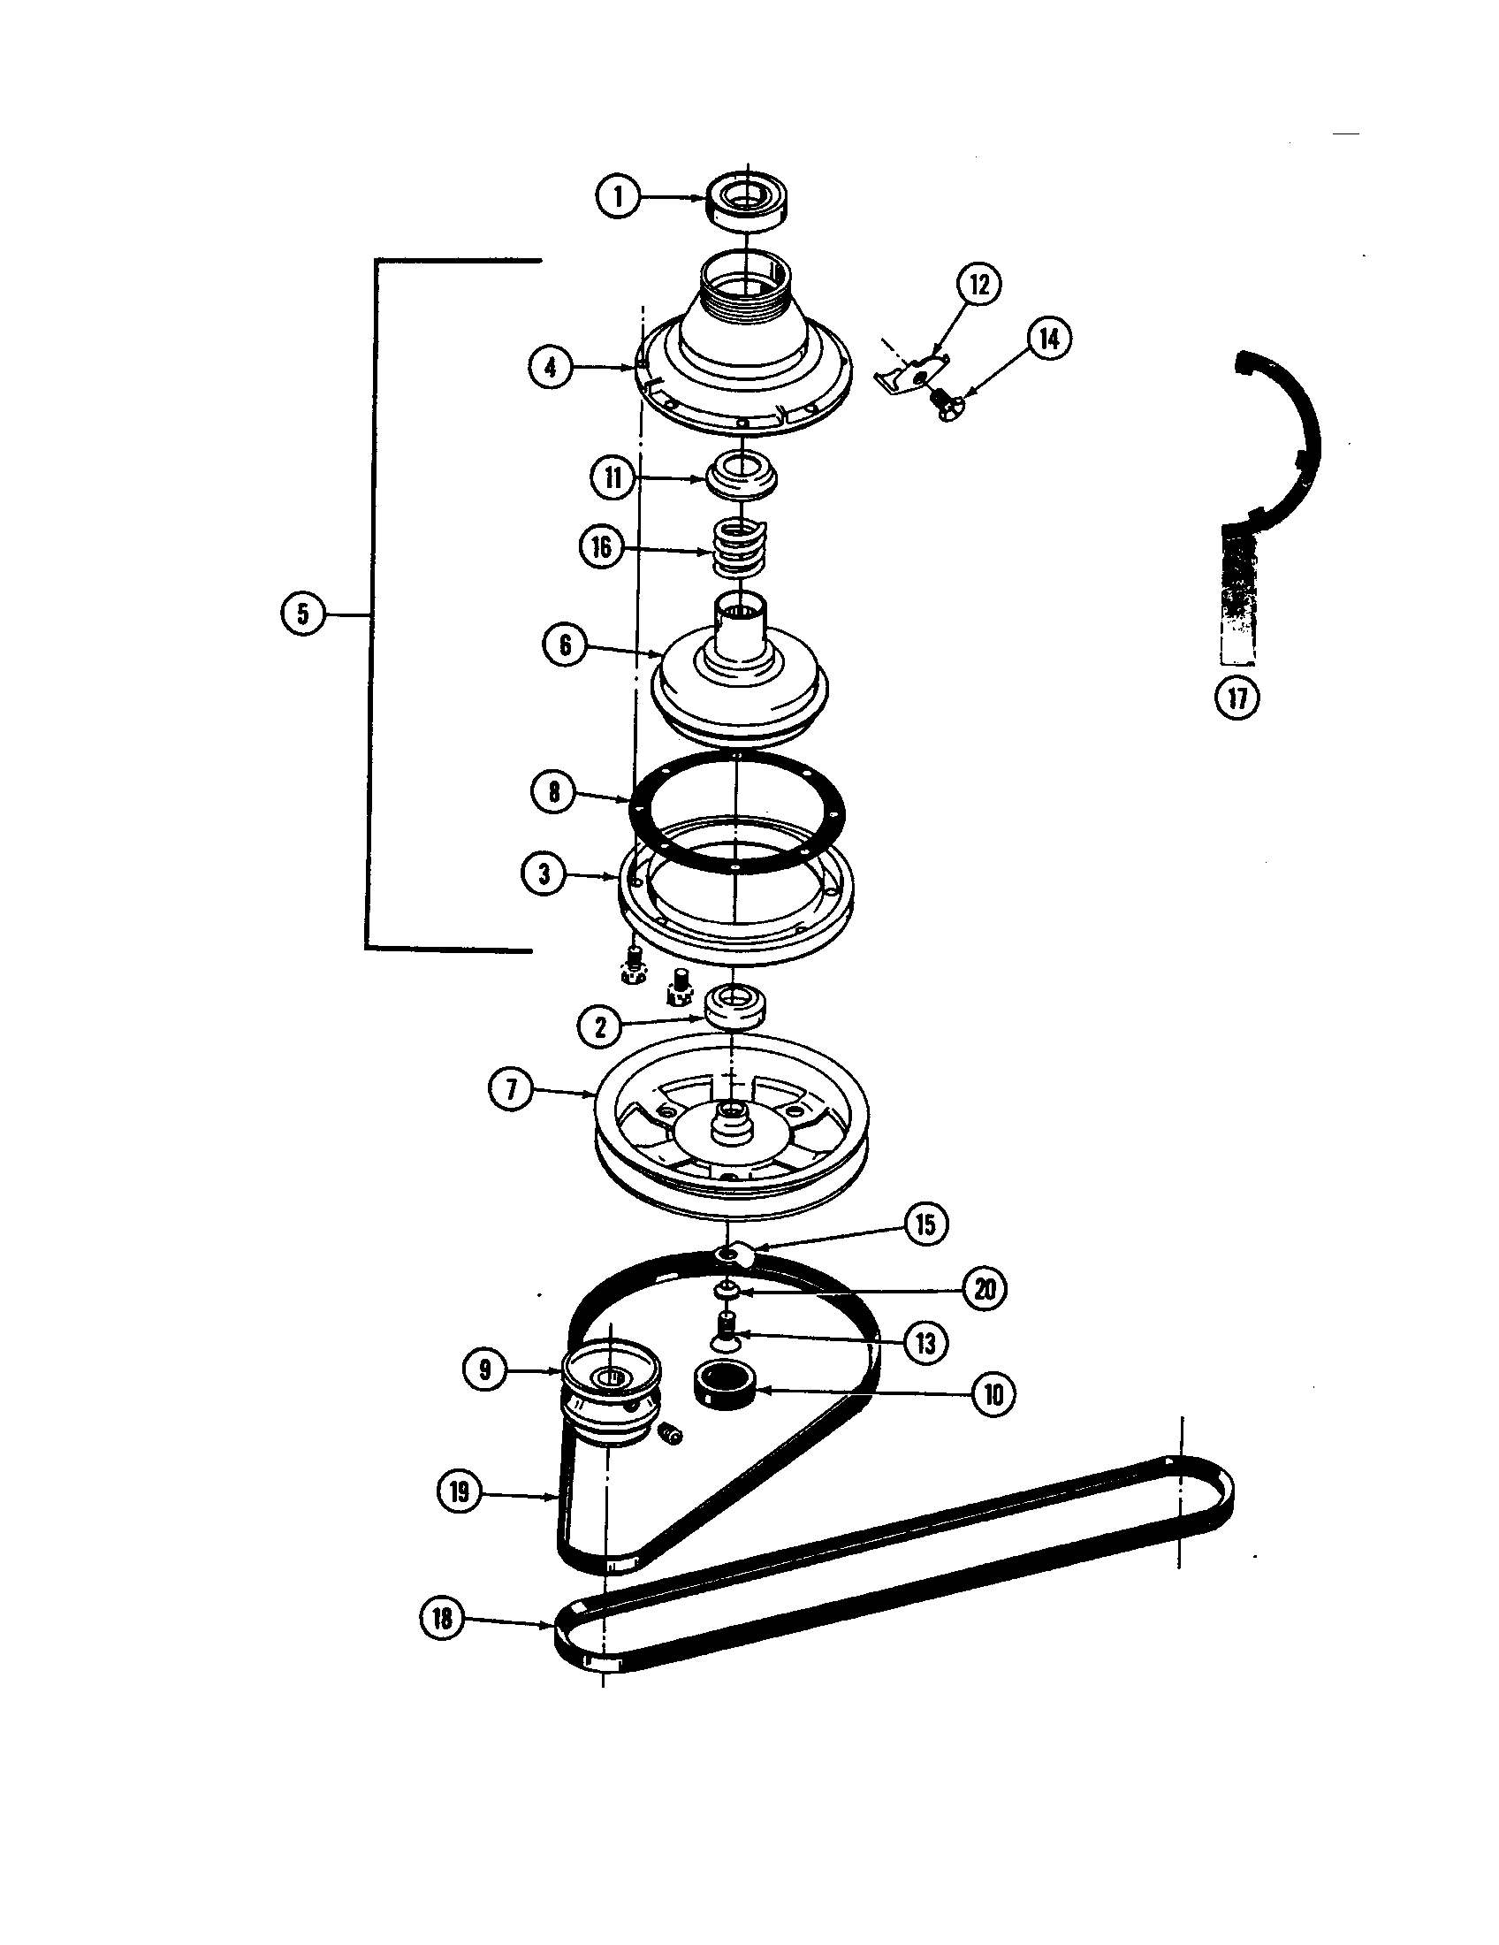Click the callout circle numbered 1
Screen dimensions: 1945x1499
point(619,196)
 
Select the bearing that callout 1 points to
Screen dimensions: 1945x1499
point(748,203)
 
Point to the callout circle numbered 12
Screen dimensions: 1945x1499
point(979,285)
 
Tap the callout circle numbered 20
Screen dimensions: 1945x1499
point(985,1289)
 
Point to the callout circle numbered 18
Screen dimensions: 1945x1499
point(443,1618)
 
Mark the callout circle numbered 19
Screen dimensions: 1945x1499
point(460,1491)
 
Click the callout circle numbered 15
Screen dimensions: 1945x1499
point(925,1224)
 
